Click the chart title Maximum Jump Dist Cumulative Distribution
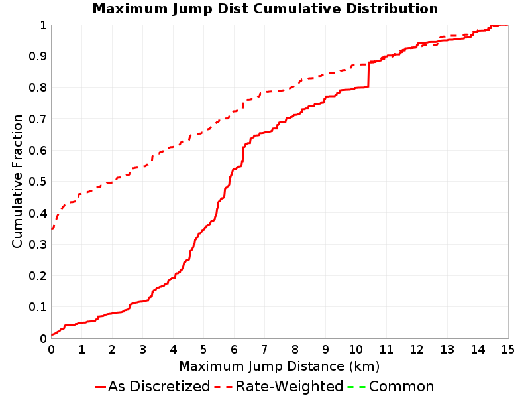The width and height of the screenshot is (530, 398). point(265,9)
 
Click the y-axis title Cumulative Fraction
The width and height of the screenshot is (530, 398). point(17,181)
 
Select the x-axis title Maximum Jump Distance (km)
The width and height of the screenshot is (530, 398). point(279,366)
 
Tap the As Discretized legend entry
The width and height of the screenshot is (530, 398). point(152,386)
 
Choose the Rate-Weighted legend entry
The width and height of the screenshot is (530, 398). point(279,386)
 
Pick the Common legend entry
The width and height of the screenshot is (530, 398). point(391,386)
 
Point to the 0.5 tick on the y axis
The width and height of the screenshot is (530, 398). point(38,181)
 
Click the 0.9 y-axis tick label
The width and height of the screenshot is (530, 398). point(38,56)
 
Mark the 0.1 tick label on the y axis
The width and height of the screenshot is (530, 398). point(38,307)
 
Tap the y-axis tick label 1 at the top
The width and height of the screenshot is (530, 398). point(43,25)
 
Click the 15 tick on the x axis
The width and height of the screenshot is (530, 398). point(507,349)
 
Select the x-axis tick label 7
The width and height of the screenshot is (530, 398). point(264,349)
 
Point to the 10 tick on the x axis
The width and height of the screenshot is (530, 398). point(356,349)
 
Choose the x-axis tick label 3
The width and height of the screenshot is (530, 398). point(142,349)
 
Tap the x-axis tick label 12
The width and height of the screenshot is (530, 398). point(417,349)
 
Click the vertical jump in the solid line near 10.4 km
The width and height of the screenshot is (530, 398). point(368,74)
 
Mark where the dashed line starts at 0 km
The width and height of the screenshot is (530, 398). point(52,229)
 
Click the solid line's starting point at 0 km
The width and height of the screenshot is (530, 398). point(52,335)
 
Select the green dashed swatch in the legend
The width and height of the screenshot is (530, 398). point(356,387)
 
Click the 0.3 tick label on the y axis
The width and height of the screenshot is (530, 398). point(38,244)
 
